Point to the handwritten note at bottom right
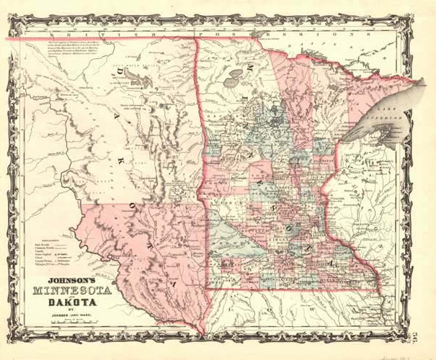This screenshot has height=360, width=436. click(x=404, y=353)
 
